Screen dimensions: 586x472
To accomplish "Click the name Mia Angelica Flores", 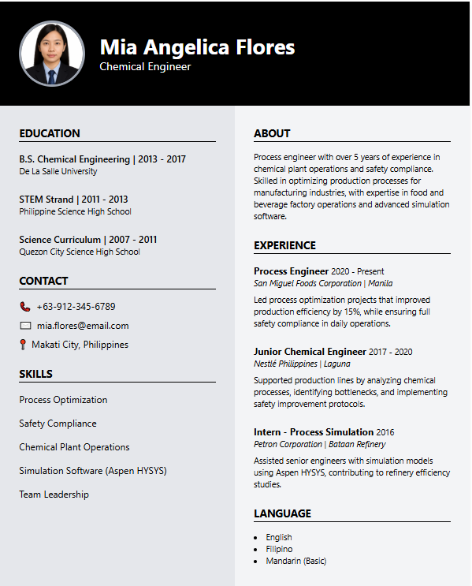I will tap(197, 47).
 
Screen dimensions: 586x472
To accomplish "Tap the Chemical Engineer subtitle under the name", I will tap(145, 67).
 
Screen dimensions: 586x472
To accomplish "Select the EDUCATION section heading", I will tap(50, 133).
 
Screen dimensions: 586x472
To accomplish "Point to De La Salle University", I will tap(58, 171).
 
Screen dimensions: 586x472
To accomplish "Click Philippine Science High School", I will tap(76, 211).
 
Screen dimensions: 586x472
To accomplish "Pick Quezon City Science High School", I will tap(80, 252).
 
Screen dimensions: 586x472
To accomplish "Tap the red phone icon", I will tap(24, 306).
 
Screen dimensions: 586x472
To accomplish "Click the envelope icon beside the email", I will tap(25, 326).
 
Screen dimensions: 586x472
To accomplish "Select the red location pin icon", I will tap(24, 345).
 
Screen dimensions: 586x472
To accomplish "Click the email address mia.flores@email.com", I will tap(83, 326).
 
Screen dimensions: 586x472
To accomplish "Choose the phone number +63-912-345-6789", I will tap(76, 306).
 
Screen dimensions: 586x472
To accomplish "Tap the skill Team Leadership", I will tap(54, 495).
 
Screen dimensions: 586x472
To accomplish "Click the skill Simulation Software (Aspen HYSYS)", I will tap(93, 471).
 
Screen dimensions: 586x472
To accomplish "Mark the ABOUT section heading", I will tap(272, 133).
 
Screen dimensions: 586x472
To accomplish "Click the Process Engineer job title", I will tap(291, 271).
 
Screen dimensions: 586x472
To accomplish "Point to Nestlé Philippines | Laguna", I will tap(302, 364).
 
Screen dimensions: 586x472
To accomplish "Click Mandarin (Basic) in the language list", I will tap(295, 561).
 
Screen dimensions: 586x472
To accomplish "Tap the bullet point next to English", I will tap(256, 538).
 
